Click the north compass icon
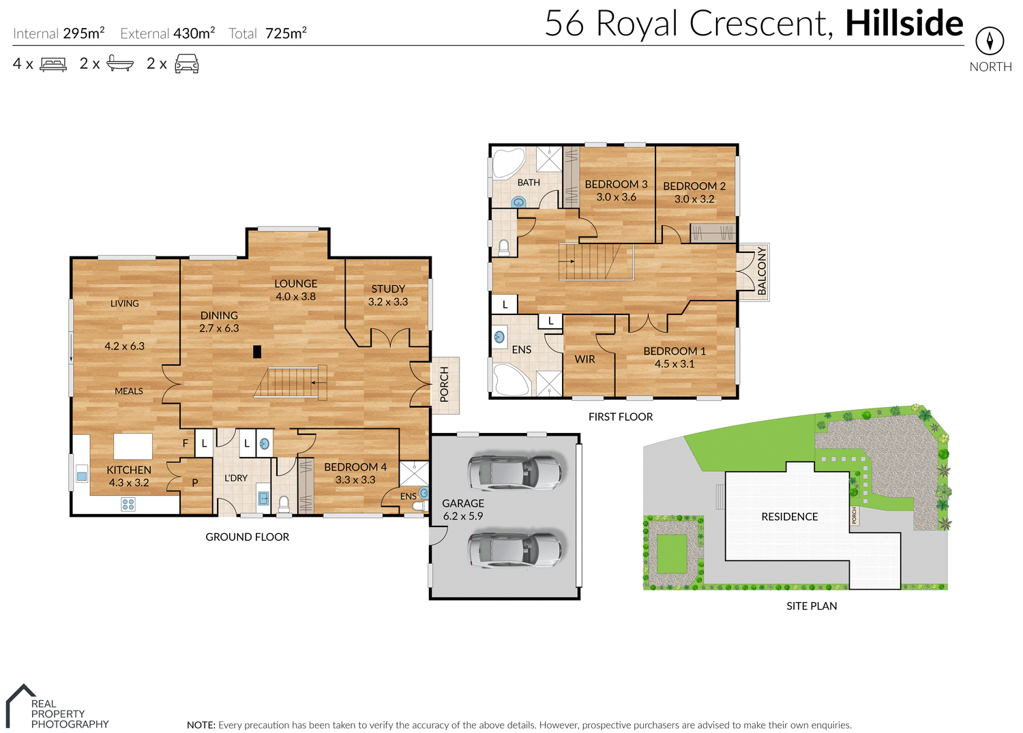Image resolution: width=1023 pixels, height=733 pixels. [990, 41]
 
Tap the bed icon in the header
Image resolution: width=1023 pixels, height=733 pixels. [53, 65]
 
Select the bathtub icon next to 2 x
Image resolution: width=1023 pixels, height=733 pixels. [120, 65]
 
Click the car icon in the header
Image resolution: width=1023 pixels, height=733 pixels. [187, 65]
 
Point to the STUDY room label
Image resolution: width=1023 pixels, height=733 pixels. [388, 289]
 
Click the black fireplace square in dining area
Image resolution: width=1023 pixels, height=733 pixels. [257, 352]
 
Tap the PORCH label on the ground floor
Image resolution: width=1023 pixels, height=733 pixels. [445, 385]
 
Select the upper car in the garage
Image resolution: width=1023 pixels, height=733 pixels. [514, 471]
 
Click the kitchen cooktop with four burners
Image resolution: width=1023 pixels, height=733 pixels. [128, 505]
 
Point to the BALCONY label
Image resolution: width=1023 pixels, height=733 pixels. [762, 271]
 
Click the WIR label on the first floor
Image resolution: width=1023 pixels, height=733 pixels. [584, 359]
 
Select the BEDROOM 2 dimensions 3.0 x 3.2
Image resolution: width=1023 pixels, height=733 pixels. [694, 199]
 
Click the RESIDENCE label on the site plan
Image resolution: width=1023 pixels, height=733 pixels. [789, 517]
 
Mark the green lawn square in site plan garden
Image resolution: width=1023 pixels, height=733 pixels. [672, 554]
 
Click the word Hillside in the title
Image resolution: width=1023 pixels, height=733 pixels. [904, 24]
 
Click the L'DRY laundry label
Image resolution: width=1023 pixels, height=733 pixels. [236, 478]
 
